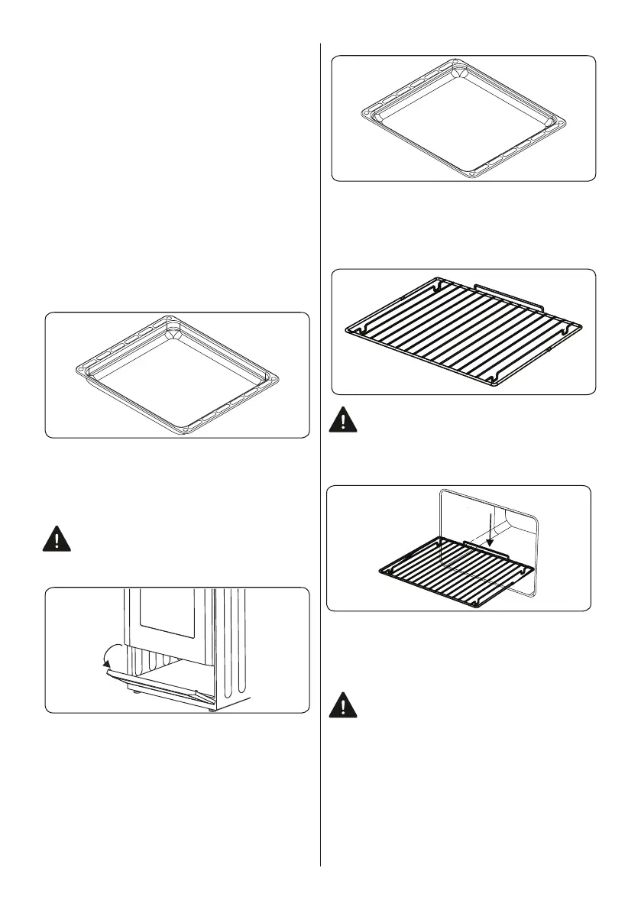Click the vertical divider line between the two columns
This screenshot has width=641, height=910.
(x=320, y=458)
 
